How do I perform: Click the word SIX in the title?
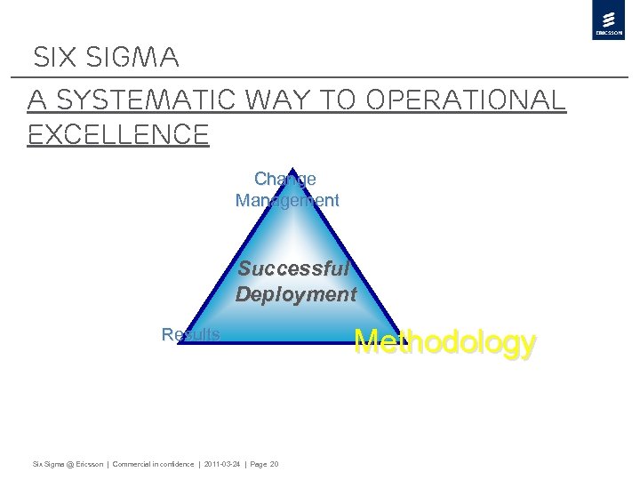[52, 59]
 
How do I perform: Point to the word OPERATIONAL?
[467, 100]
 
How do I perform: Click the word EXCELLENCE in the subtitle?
[118, 135]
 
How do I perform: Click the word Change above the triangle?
[285, 179]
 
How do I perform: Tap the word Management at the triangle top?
[287, 200]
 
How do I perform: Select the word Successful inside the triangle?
[294, 268]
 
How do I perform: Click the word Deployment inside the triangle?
[296, 294]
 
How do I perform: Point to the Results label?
[191, 334]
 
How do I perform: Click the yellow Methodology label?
[445, 342]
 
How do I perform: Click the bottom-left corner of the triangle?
[179, 343]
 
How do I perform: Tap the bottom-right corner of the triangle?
[399, 343]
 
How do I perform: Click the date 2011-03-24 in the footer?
[221, 464]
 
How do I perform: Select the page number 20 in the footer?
[274, 464]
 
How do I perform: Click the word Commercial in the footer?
[131, 464]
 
